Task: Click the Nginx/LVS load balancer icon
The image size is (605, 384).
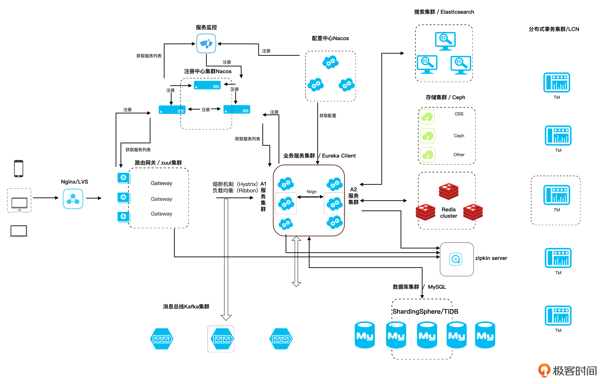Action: tap(73, 199)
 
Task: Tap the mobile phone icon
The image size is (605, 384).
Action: tap(19, 169)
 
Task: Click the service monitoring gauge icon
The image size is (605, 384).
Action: tap(206, 44)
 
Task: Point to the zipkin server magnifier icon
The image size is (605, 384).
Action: tap(455, 259)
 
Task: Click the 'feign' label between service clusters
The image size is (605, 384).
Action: tap(311, 192)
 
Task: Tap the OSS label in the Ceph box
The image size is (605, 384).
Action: tap(459, 114)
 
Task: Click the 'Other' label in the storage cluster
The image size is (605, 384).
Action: tap(459, 155)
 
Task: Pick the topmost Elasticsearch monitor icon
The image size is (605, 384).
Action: tap(445, 41)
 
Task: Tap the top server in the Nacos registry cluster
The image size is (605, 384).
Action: tap(207, 85)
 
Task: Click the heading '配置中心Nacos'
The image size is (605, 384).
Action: tap(330, 38)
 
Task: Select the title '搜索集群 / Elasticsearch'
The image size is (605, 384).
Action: tap(444, 12)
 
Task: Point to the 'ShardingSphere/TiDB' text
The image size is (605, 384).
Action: tap(425, 311)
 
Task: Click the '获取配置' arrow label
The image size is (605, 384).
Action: tap(328, 116)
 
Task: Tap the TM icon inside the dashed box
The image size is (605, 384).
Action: tap(556, 195)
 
